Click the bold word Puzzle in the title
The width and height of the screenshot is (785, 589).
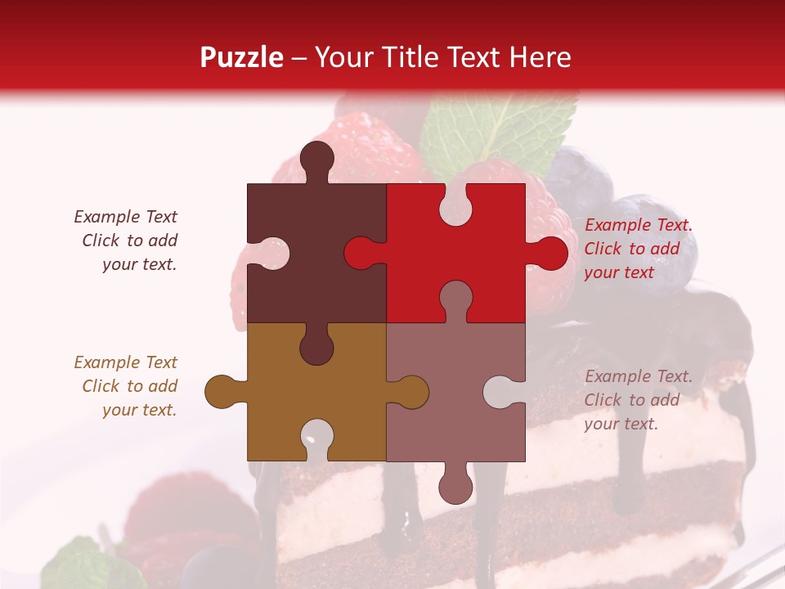tap(242, 57)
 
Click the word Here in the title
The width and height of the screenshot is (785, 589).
tap(540, 57)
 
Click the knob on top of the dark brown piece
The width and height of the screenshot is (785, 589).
tap(316, 159)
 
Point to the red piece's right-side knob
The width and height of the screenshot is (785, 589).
tap(549, 254)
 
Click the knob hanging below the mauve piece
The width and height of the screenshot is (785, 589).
tap(455, 485)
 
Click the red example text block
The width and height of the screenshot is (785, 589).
tap(638, 249)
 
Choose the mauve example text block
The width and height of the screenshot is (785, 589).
tap(638, 400)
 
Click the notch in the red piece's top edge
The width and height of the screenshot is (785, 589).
tap(455, 205)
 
